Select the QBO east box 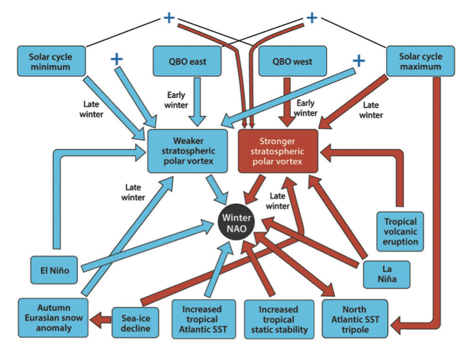coord(187,61)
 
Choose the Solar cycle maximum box coord(422,61)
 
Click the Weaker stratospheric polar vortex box coord(187,151)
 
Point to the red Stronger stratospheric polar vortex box coord(277,151)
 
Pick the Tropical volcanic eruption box coord(400,230)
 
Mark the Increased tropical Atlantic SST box coord(202,319)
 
